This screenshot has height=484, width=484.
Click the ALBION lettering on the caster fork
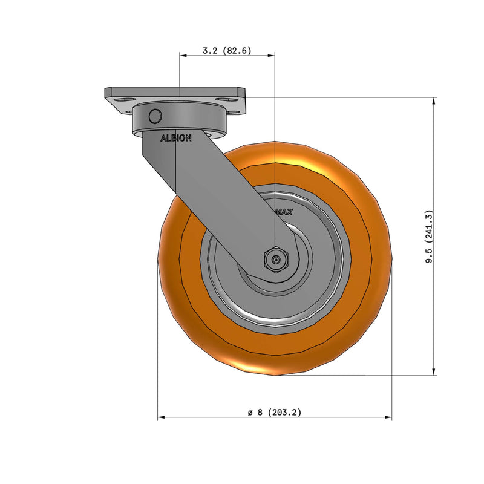(x=175, y=138)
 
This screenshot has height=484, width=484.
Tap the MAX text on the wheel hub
(x=284, y=212)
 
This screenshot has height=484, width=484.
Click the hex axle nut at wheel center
(x=275, y=260)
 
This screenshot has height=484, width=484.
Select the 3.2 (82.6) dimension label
(x=227, y=51)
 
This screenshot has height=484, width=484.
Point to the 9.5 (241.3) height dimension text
(x=429, y=237)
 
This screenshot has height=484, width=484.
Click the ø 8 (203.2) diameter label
(x=274, y=412)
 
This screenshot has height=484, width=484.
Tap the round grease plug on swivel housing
(x=155, y=115)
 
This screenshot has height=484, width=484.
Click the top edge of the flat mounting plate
(x=175, y=88)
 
